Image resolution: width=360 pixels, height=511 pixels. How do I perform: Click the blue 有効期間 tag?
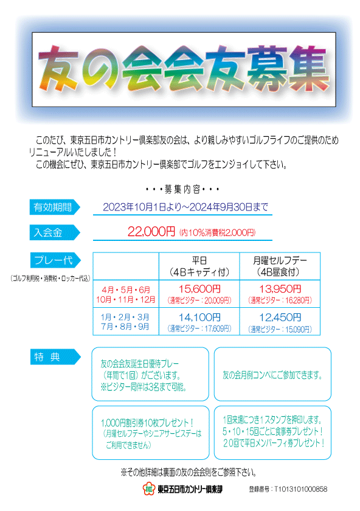point(54,207)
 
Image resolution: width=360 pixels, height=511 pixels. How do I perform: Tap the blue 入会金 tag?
point(54,232)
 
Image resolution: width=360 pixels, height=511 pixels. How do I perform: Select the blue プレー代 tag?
point(55,260)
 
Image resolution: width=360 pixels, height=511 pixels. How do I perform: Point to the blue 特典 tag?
point(55,357)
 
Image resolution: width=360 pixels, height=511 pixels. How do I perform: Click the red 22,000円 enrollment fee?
point(151,232)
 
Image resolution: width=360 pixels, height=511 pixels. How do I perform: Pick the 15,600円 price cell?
point(199,294)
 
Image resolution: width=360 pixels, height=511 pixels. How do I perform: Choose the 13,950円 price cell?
point(280,294)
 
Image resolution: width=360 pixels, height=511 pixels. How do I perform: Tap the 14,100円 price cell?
point(199,321)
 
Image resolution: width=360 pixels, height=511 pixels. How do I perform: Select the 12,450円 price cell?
point(280,321)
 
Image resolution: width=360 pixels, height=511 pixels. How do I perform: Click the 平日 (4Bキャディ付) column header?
point(199,266)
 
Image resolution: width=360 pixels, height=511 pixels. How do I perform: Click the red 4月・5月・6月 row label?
point(126,290)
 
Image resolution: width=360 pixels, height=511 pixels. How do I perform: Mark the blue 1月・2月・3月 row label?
point(125,317)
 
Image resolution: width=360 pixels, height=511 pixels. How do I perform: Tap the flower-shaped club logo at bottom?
point(148,488)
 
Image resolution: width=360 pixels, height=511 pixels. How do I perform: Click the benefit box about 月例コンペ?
point(272,374)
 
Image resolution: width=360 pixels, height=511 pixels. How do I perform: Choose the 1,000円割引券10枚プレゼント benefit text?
point(147,423)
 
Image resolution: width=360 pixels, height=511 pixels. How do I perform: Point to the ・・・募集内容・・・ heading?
point(182,189)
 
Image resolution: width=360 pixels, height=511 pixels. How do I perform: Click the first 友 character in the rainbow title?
point(58,68)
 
